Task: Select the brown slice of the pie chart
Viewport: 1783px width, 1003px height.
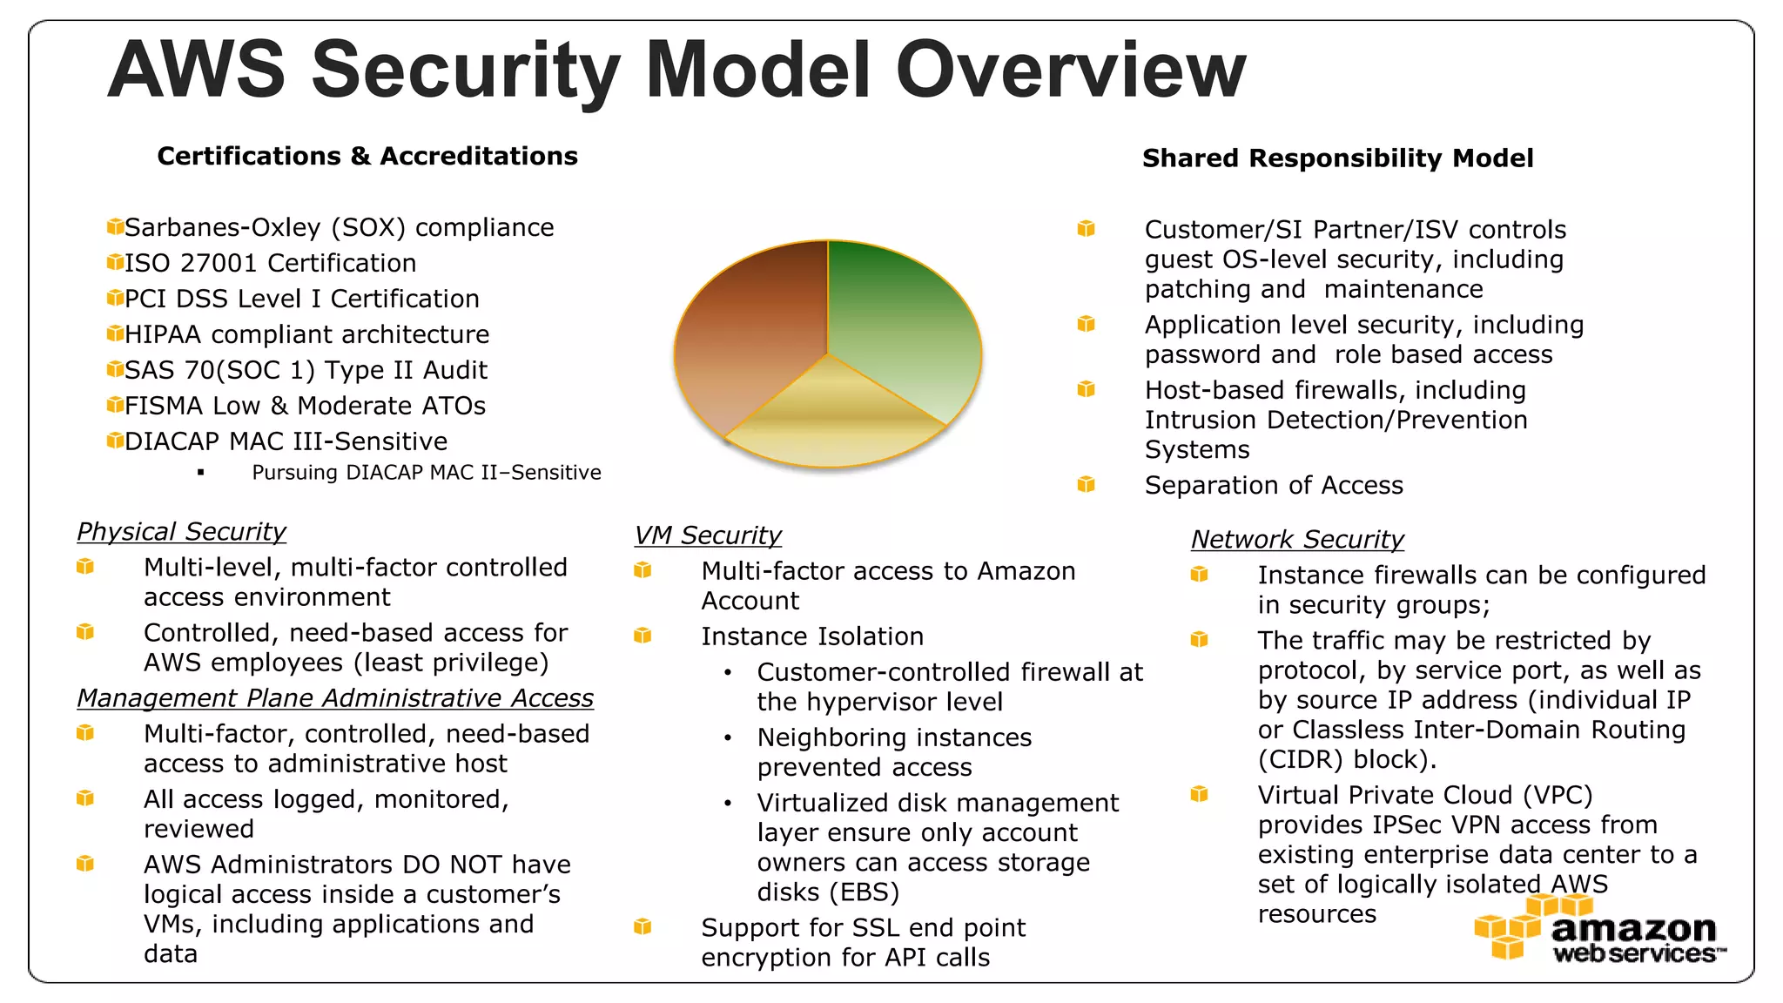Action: tap(749, 340)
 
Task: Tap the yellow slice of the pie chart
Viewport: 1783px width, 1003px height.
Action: tap(831, 418)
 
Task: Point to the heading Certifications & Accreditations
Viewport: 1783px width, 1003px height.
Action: tap(367, 156)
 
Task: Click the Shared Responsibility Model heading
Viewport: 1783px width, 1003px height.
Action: tap(1337, 158)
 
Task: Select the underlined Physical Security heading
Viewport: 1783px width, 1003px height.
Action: tap(181, 531)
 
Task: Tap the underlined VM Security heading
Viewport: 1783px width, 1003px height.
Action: tap(708, 535)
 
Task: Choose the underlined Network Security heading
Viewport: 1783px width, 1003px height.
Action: tap(1297, 539)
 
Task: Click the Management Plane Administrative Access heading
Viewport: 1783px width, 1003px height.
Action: tap(335, 697)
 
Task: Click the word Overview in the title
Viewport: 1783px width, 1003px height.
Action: tap(1071, 70)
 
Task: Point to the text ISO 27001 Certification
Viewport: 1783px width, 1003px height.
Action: tap(270, 263)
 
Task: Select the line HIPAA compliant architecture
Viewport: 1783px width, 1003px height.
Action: tap(306, 334)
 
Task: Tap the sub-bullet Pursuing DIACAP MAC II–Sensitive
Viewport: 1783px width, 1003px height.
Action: tap(427, 472)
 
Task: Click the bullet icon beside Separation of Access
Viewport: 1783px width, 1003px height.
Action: tap(1086, 484)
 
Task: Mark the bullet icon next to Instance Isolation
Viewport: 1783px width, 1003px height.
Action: tap(643, 636)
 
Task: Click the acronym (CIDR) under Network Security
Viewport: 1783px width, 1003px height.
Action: tap(1301, 759)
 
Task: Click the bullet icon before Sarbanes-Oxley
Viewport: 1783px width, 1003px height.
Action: tap(115, 226)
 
